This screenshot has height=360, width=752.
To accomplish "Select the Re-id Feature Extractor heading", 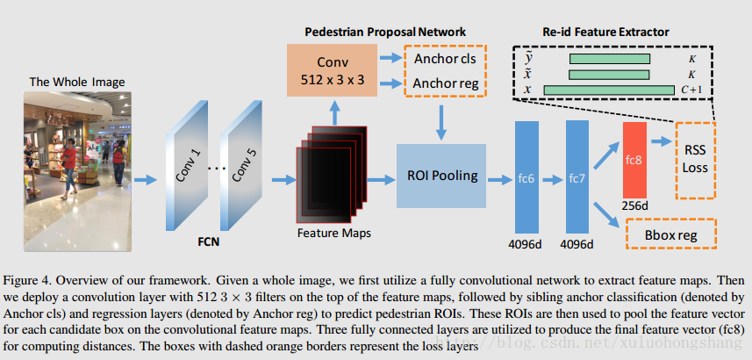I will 606,31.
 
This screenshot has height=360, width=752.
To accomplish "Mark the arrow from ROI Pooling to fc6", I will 498,178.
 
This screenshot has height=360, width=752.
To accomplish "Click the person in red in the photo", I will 68,158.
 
